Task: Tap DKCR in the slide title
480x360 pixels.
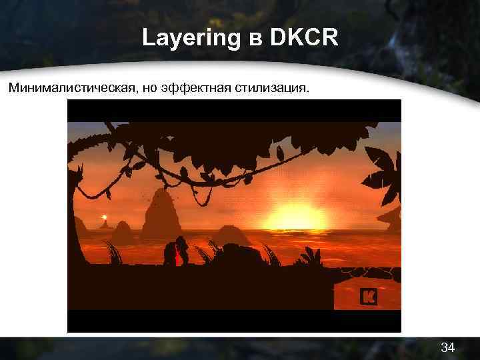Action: [x=303, y=38]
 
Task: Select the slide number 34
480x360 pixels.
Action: [x=448, y=347]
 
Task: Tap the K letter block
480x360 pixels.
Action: [x=368, y=297]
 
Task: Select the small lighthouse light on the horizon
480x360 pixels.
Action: [x=103, y=217]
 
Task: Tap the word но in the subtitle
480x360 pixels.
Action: [x=148, y=89]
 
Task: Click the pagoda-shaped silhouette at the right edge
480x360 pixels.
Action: [x=390, y=217]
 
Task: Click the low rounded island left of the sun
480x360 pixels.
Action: [x=230, y=235]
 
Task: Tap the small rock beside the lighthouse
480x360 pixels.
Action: [x=121, y=231]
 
